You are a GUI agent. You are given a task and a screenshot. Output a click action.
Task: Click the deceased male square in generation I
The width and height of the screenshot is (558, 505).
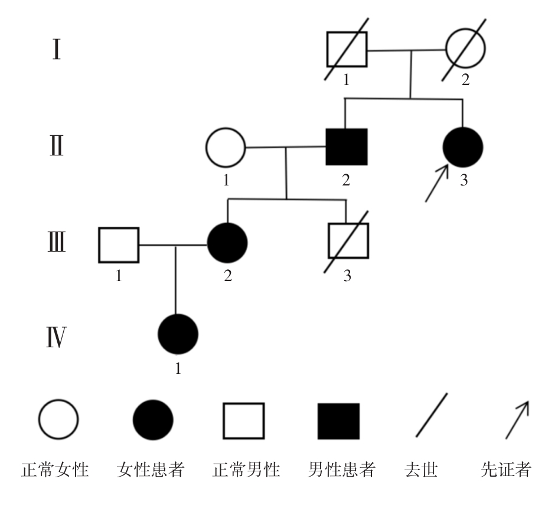tap(347, 50)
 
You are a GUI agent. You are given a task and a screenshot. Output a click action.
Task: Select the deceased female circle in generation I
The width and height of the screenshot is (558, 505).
tap(465, 50)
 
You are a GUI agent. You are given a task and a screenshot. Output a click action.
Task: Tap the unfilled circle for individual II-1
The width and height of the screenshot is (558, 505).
tap(225, 146)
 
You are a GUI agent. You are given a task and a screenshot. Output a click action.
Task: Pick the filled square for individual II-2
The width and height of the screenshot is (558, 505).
tap(347, 146)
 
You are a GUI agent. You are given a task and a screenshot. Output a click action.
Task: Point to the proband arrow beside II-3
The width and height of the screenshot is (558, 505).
tap(436, 184)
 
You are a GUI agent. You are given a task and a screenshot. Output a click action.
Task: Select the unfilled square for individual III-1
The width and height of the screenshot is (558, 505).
tap(119, 244)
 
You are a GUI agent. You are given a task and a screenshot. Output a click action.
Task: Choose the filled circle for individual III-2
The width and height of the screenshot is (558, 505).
tap(227, 243)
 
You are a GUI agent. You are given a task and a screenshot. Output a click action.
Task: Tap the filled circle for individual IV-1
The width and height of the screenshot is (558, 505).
tap(178, 334)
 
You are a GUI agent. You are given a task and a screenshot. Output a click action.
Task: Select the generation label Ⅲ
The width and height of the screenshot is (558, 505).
tap(56, 243)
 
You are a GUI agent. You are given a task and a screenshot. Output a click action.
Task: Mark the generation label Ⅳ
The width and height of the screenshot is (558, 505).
tap(56, 339)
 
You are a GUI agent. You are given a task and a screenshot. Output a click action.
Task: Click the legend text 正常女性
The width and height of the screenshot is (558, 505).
tap(56, 471)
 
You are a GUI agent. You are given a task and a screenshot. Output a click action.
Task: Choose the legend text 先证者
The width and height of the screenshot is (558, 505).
tap(507, 471)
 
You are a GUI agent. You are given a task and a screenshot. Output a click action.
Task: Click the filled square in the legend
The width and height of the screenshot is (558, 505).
tap(338, 421)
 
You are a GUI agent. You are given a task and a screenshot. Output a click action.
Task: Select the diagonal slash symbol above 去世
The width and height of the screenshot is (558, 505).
tap(431, 415)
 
